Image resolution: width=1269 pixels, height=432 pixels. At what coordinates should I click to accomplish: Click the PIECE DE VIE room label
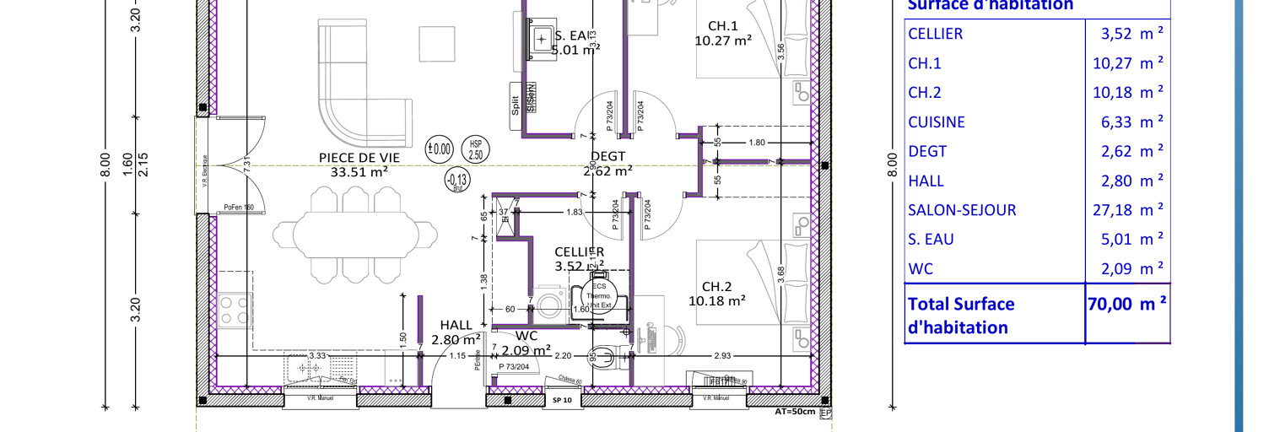[359, 157]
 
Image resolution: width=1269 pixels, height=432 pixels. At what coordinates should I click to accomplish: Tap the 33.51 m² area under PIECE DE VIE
[359, 171]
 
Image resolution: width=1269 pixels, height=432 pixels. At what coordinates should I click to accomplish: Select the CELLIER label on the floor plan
[579, 252]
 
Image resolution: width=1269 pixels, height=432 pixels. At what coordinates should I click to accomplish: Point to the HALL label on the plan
[456, 326]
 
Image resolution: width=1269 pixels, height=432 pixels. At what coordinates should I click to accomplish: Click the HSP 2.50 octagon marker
[477, 150]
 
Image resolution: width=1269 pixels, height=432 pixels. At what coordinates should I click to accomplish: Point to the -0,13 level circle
[458, 179]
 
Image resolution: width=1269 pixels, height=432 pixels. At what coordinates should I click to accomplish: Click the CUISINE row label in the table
[936, 122]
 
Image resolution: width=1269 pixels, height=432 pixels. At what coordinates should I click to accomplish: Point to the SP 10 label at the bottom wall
[563, 401]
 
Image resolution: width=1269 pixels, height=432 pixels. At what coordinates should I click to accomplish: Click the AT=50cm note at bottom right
[795, 413]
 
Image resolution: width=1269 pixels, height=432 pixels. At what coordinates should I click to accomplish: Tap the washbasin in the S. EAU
[541, 38]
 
